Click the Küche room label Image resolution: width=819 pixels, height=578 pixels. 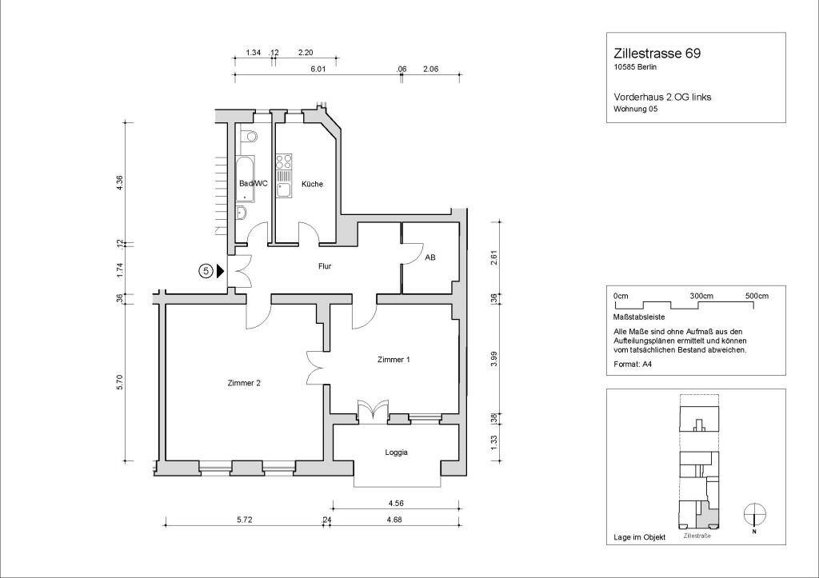[x=313, y=184]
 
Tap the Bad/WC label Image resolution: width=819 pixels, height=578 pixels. [x=254, y=183]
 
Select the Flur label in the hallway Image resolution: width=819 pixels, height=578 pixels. [x=325, y=266]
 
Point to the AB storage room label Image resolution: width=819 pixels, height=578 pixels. [x=429, y=257]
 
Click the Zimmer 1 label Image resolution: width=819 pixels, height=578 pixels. [x=394, y=360]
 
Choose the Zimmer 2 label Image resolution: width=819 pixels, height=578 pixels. [x=244, y=383]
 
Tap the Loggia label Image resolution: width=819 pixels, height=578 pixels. [x=397, y=452]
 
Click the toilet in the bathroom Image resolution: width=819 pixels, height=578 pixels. [x=248, y=136]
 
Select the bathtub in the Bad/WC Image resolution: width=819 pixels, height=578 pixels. [x=245, y=178]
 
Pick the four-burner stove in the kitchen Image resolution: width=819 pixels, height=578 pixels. [x=284, y=161]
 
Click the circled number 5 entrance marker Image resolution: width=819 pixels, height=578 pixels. [x=206, y=271]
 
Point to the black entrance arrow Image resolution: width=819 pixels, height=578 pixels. [x=221, y=271]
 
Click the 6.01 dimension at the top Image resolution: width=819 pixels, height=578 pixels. [x=318, y=69]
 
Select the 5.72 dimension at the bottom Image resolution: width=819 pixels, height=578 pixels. [x=245, y=520]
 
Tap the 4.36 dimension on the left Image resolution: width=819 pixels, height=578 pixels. [x=120, y=182]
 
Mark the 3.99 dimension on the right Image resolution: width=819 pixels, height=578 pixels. [x=494, y=360]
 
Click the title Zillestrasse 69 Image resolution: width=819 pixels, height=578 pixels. [x=657, y=54]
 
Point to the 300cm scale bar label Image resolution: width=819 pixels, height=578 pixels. [x=701, y=296]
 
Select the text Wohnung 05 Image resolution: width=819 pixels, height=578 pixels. [x=636, y=110]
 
